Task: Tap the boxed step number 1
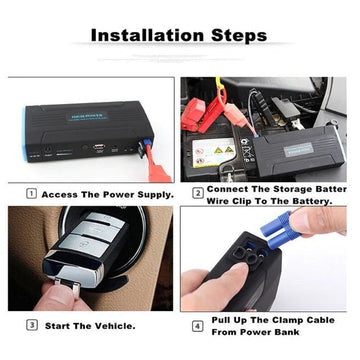(x=32, y=194)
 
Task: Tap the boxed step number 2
(x=199, y=194)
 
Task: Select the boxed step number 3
(x=32, y=325)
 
